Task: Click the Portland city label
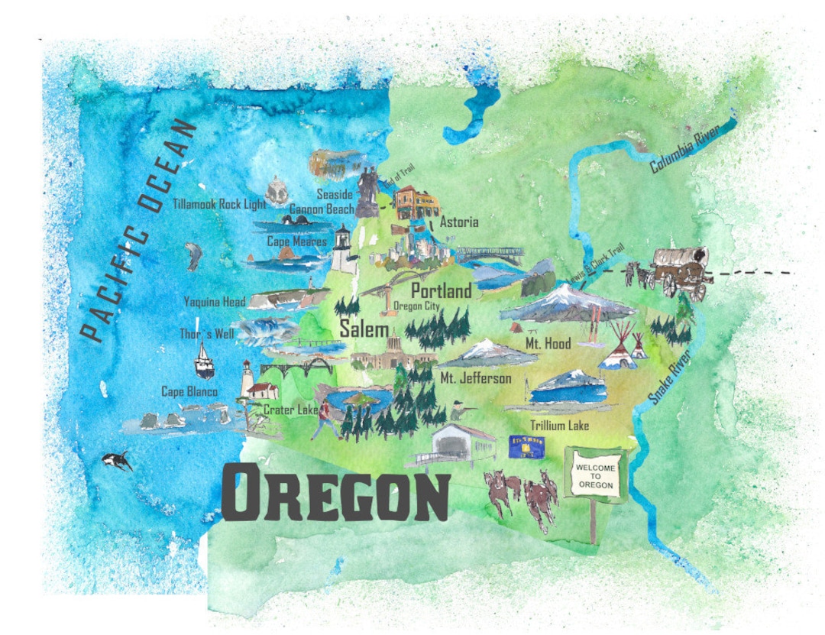[x=441, y=291]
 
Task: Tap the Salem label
[x=365, y=329]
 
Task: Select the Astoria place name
[x=459, y=222]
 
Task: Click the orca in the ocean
[x=118, y=461]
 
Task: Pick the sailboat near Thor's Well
[x=204, y=361]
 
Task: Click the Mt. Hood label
[x=548, y=345]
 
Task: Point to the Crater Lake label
[x=291, y=410]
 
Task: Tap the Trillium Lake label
[x=560, y=426]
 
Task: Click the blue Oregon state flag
[x=527, y=447]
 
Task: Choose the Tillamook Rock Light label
[x=219, y=204]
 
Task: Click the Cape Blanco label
[x=189, y=391]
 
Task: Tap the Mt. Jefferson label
[x=476, y=378]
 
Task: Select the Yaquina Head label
[x=214, y=302]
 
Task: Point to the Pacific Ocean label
[x=137, y=229]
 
